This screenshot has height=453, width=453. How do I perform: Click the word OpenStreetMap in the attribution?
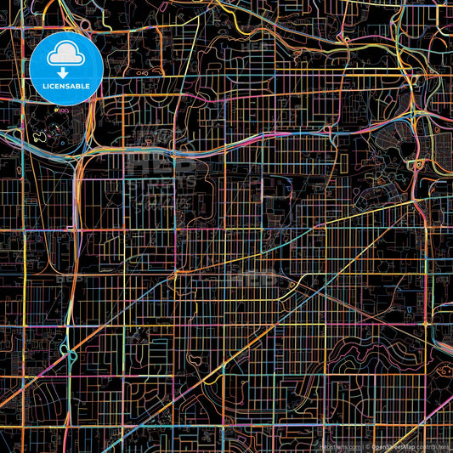394,446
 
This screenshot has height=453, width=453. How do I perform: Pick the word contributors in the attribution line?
433,446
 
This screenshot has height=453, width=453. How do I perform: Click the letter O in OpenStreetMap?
375,446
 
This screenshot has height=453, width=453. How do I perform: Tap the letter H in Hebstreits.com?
320,446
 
